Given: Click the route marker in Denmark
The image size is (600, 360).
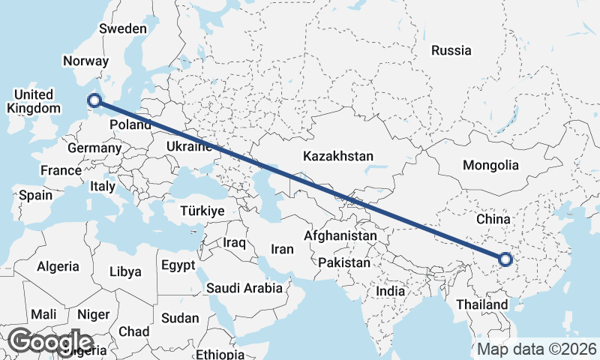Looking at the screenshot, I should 94,100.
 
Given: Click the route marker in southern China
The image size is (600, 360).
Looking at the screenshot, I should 504,259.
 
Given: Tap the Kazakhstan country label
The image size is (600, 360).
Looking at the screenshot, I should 338,157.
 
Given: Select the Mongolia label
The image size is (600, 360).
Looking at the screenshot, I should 491,165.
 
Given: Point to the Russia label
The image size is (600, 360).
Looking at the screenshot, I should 451,51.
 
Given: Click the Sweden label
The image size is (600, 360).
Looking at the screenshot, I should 123,28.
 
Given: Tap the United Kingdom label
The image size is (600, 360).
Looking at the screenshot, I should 34,101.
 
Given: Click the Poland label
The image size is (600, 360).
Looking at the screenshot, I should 130,124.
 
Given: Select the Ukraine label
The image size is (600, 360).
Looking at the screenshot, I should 187,146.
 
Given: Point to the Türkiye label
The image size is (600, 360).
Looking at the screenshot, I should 202,211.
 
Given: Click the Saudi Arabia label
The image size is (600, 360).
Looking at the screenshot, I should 244,287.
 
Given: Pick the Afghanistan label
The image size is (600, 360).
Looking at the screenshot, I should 340,235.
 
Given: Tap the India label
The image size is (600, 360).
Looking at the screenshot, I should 390,290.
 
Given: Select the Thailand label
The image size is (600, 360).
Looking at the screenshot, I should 481,304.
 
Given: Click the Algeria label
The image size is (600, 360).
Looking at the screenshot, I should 58,266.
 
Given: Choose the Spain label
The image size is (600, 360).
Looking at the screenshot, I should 35,195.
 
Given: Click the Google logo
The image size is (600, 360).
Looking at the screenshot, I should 51,341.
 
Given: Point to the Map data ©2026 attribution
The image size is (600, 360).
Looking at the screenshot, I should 537,349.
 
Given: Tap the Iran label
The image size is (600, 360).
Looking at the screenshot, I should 282,249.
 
